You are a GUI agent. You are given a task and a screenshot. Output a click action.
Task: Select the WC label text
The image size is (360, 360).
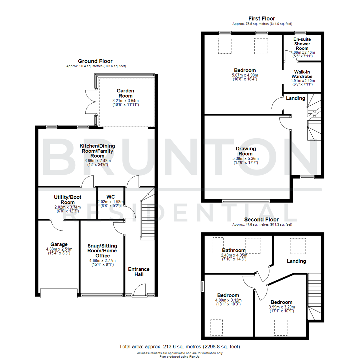110,196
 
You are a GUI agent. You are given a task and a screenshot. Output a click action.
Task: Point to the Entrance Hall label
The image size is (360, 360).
139,272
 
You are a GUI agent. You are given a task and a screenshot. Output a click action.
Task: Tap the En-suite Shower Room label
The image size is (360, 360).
302,44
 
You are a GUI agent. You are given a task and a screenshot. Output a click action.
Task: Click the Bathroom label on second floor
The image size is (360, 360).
234,250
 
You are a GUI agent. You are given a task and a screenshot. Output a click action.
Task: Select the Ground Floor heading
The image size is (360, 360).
95,61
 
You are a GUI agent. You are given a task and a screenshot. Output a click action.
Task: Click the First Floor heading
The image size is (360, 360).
262,18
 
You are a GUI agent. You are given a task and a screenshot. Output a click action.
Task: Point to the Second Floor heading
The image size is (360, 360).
261,220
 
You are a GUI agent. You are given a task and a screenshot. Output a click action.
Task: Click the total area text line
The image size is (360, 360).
179,347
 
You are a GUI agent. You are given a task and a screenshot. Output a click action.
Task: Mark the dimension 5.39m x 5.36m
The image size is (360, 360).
245,159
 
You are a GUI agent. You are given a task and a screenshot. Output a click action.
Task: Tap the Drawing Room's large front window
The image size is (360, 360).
246,201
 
